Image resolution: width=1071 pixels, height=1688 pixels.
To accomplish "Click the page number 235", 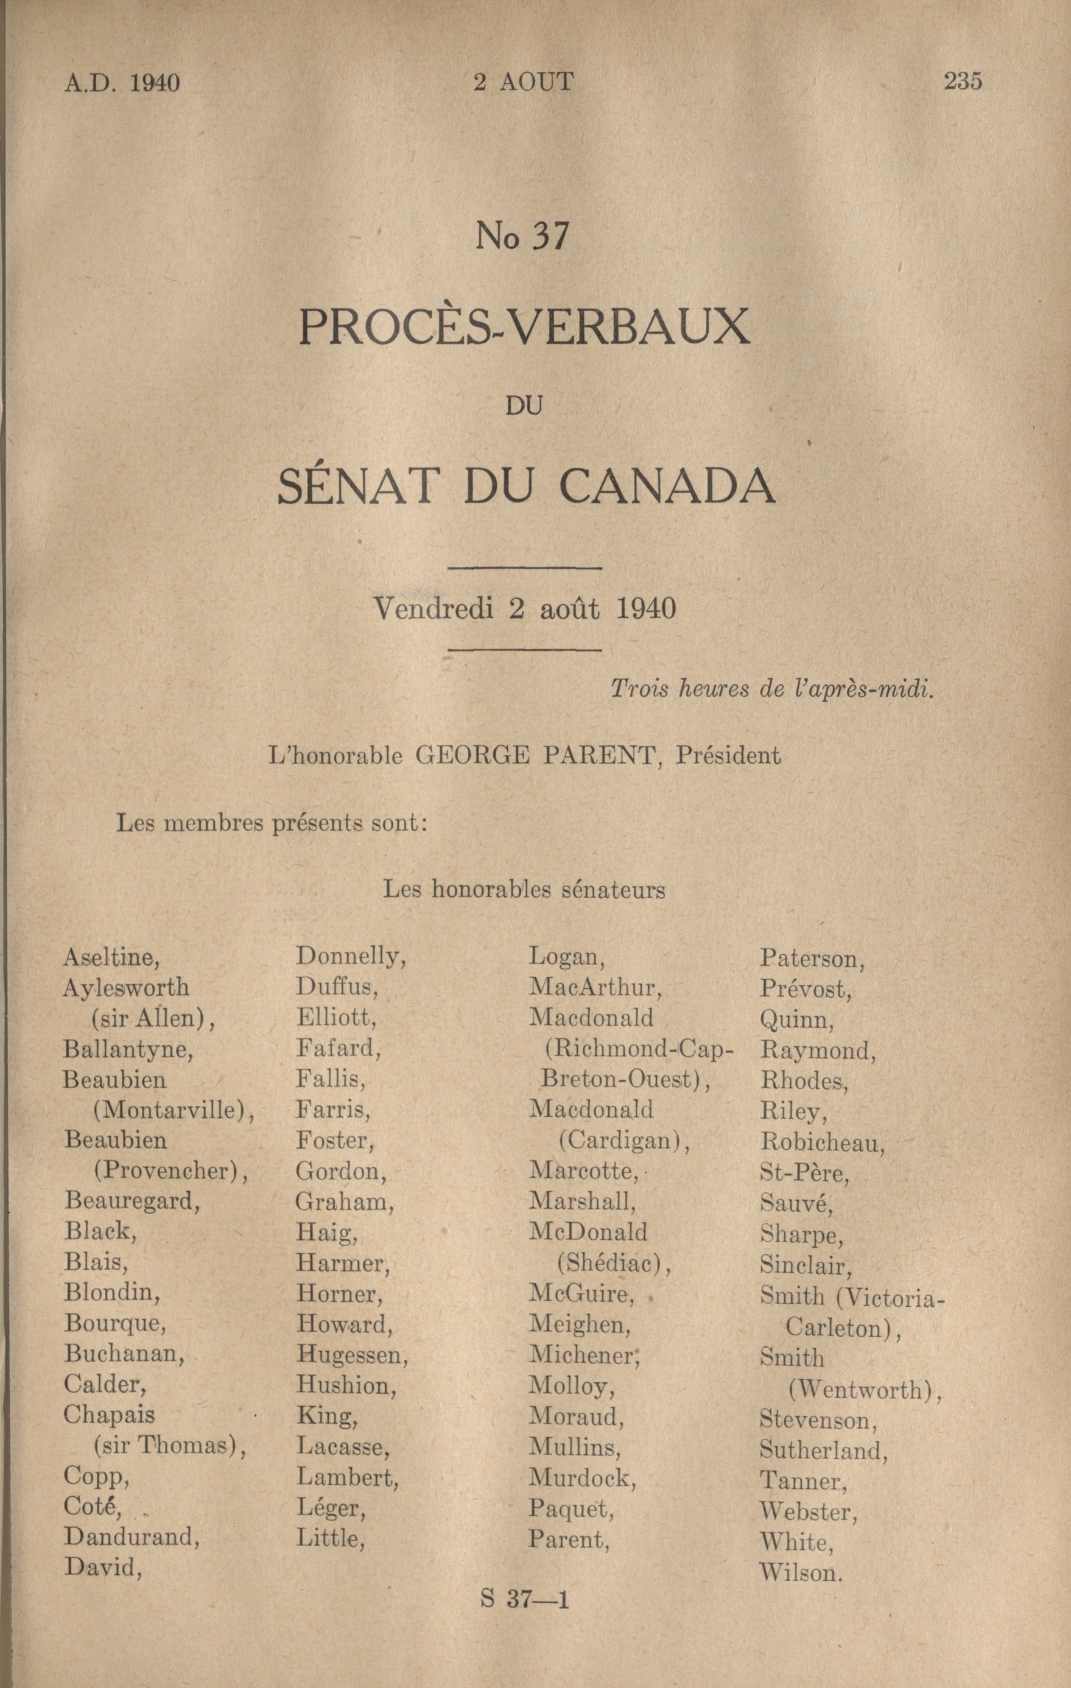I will (x=963, y=82).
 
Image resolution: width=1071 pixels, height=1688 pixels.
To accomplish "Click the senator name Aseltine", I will (x=111, y=957).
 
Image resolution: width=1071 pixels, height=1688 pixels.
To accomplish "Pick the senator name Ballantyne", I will (x=128, y=1049).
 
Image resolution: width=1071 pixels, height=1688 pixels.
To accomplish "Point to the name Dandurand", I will (x=132, y=1536).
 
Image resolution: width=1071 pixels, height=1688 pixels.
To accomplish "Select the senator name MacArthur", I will (x=595, y=987).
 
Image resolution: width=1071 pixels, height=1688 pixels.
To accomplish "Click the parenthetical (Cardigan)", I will (x=624, y=1141).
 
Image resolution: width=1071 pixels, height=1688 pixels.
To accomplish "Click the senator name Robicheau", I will (x=822, y=1142).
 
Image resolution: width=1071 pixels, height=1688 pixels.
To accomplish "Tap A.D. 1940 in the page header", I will (x=122, y=83).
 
